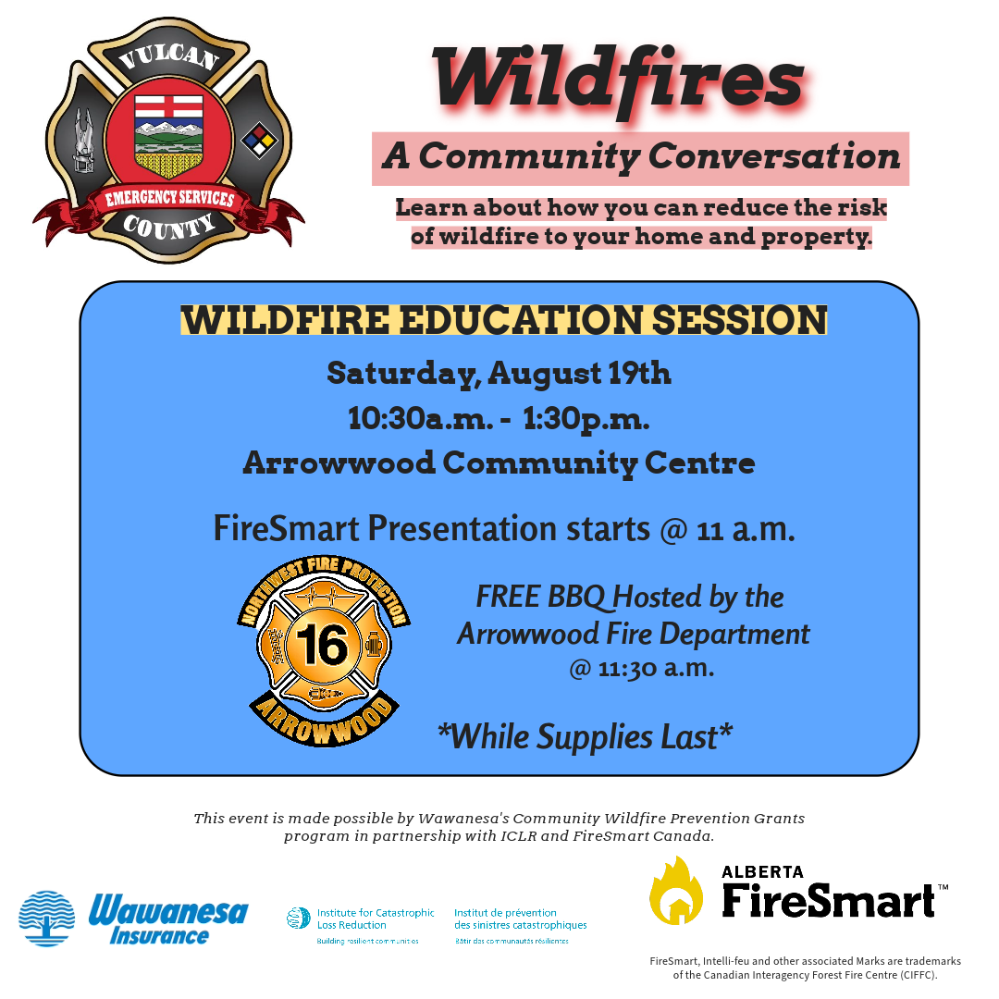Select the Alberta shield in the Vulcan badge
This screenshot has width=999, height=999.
click(x=169, y=136)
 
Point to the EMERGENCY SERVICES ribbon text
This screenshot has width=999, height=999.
click(x=169, y=199)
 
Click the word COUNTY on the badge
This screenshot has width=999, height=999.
click(x=169, y=227)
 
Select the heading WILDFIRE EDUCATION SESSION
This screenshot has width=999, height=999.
click(x=504, y=319)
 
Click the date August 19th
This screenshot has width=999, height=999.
click(x=579, y=374)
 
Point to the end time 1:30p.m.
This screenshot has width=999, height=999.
click(x=586, y=420)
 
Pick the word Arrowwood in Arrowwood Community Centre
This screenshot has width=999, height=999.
click(x=339, y=462)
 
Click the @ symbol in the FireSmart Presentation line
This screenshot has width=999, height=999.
click(x=673, y=530)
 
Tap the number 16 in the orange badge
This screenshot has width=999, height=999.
click(x=323, y=644)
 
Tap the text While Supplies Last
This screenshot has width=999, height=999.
click(x=585, y=737)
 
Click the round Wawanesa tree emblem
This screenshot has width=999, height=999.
click(x=46, y=919)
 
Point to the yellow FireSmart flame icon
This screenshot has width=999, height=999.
click(x=676, y=890)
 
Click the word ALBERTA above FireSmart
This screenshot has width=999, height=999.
click(x=762, y=871)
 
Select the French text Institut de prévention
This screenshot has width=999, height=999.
click(x=505, y=913)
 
